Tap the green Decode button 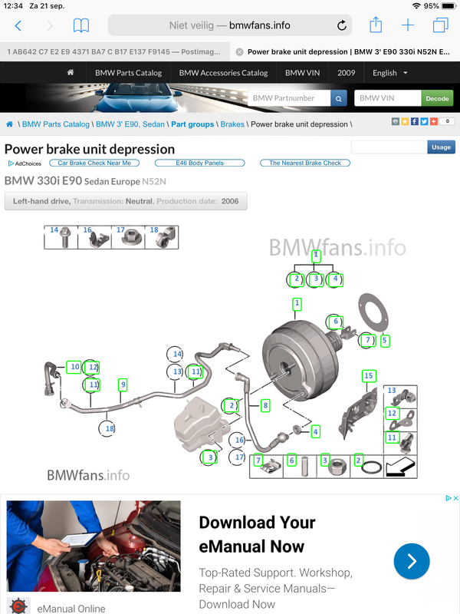[x=437, y=98]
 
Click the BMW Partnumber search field [x=289, y=98]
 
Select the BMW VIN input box [x=388, y=98]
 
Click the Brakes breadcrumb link [x=232, y=124]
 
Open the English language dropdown [x=389, y=73]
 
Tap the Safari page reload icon [x=341, y=25]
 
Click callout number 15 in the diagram [x=369, y=376]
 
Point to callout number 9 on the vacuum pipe [x=123, y=385]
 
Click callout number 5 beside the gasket [x=385, y=340]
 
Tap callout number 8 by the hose [x=265, y=405]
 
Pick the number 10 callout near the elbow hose [x=74, y=367]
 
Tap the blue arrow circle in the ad [x=412, y=561]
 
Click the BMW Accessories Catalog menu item [x=223, y=73]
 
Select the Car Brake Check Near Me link [x=94, y=163]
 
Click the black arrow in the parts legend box [x=399, y=467]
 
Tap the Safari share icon [x=376, y=25]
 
